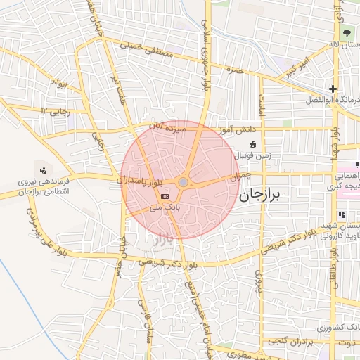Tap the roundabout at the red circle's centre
(183, 183)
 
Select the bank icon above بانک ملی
(165, 195)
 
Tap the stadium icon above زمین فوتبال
(252, 144)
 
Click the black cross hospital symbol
(333, 89)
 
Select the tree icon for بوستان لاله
(346, 33)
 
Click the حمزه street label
(235, 70)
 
